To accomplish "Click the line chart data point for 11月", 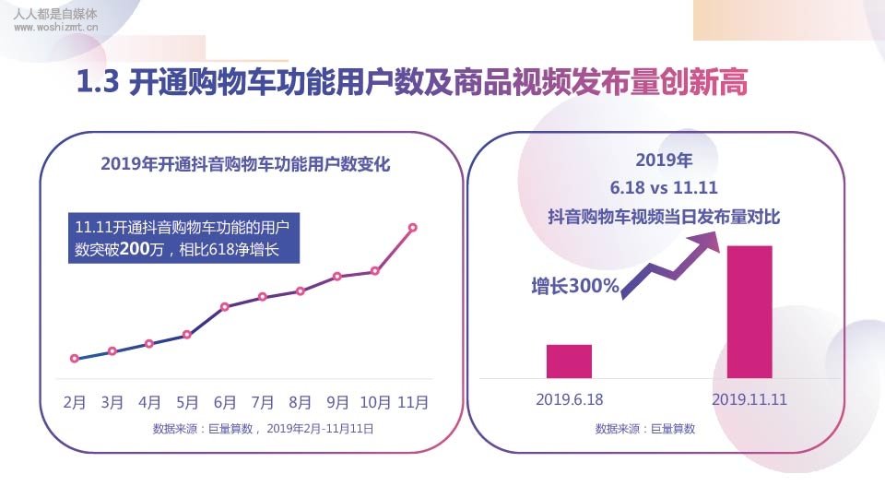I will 412,227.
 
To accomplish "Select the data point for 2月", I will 75,359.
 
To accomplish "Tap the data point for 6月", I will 225,306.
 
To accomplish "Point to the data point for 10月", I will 375,271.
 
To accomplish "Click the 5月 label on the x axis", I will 187,403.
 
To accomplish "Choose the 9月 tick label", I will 338,403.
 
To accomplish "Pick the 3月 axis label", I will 112,403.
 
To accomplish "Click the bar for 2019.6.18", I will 569,362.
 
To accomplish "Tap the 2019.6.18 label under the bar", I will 569,400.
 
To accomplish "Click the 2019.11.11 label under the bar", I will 749,400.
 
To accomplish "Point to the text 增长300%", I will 575,286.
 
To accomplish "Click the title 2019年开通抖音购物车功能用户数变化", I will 245,165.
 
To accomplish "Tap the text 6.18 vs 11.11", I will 664,188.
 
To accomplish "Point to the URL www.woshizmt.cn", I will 57,29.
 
